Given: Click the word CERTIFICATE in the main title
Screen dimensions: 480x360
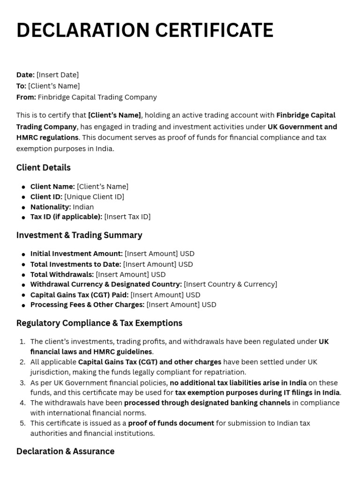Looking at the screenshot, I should click(214, 30).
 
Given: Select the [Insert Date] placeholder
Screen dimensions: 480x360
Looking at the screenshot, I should click(57, 75).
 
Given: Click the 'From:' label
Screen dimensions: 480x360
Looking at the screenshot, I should click(26, 97).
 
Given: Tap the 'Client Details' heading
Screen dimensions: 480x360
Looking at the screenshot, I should click(43, 167).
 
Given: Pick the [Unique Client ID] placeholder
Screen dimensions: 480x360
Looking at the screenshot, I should click(94, 197).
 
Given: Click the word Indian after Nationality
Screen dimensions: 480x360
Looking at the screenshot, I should click(83, 207).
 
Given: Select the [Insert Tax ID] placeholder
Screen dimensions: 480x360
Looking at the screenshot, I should click(127, 217).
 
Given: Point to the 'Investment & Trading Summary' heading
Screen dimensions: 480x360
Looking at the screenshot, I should click(79, 235).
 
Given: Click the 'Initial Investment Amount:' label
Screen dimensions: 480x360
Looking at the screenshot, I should click(76, 254).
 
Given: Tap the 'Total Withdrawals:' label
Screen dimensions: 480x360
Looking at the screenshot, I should click(62, 274).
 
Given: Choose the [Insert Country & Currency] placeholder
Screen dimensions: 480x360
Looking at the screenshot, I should click(230, 284).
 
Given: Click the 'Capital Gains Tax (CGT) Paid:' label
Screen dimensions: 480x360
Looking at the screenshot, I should click(79, 295).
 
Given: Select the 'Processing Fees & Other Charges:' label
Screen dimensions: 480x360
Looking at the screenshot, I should click(87, 305).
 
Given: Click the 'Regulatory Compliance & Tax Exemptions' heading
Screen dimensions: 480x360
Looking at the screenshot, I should click(99, 323).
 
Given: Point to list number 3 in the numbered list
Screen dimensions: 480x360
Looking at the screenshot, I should click(22, 382).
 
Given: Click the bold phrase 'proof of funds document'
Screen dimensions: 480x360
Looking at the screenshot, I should click(171, 423).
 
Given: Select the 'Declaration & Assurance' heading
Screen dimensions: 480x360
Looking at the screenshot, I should click(65, 451).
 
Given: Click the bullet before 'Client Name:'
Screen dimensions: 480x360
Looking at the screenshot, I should click(23, 187).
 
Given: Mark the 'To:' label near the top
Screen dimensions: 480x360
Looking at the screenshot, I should click(21, 86).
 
